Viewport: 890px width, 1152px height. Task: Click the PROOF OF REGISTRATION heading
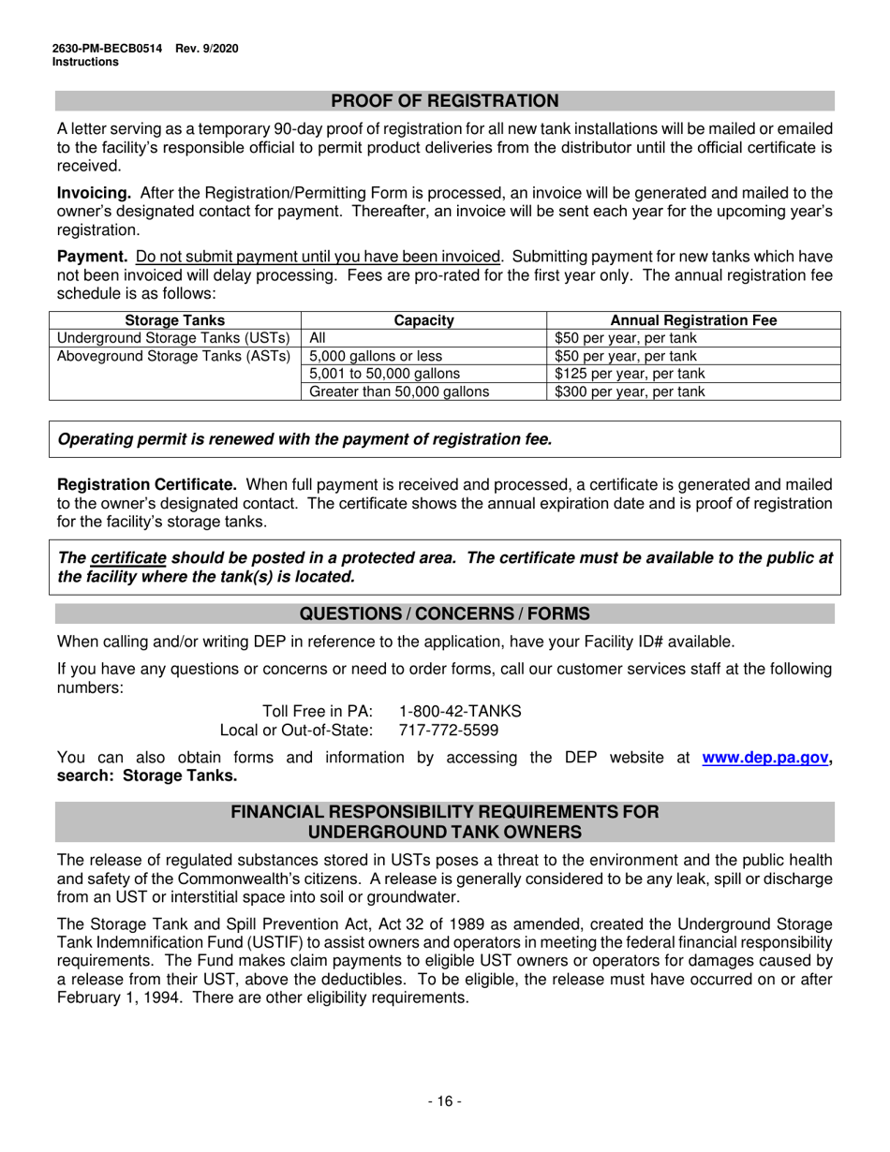(x=445, y=101)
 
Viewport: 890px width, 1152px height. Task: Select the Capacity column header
(x=423, y=320)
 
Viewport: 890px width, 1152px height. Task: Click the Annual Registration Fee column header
(x=693, y=320)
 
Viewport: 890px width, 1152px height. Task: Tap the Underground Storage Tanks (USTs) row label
(x=175, y=338)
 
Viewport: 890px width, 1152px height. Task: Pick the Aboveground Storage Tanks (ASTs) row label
(x=175, y=356)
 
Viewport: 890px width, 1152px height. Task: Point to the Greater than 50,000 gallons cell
(x=399, y=391)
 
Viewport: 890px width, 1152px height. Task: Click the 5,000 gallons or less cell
(x=376, y=356)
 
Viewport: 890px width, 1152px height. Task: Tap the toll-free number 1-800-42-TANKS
(x=460, y=711)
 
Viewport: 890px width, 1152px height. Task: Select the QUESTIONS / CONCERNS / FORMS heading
(x=445, y=614)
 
